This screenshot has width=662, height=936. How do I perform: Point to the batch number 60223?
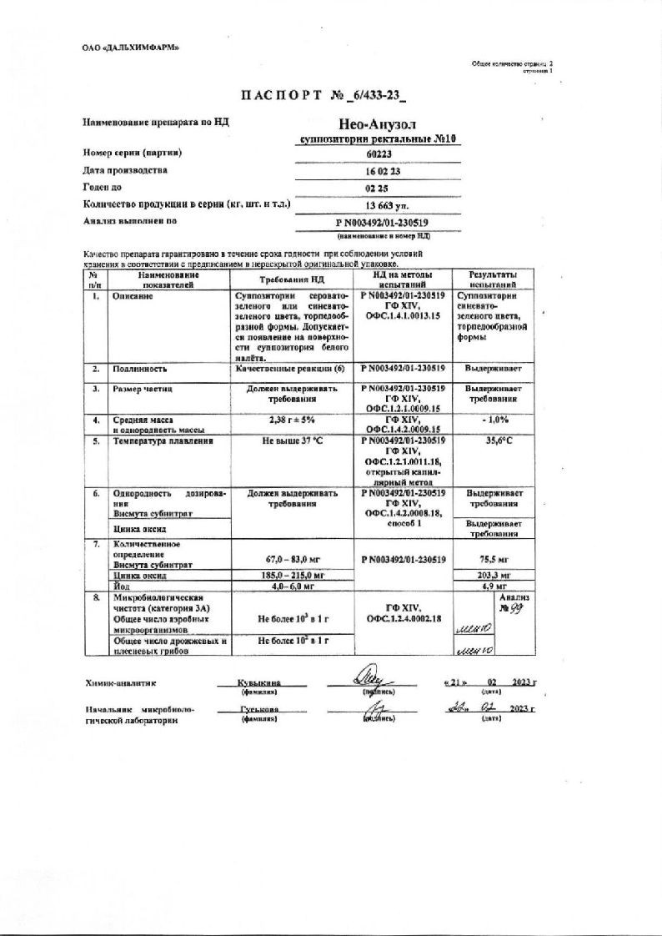[378, 154]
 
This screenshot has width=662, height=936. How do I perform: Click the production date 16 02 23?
[378, 171]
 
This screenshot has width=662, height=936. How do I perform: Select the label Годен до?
[103, 187]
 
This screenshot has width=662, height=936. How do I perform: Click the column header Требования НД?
[291, 279]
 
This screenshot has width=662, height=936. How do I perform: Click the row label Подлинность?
[141, 368]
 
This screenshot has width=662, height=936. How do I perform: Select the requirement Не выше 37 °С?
[292, 440]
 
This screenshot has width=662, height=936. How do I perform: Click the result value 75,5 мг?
[492, 560]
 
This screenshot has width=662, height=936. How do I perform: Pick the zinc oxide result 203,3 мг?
[492, 576]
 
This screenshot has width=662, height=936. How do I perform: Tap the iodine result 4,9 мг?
[492, 586]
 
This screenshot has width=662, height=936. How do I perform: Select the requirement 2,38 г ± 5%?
[292, 420]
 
